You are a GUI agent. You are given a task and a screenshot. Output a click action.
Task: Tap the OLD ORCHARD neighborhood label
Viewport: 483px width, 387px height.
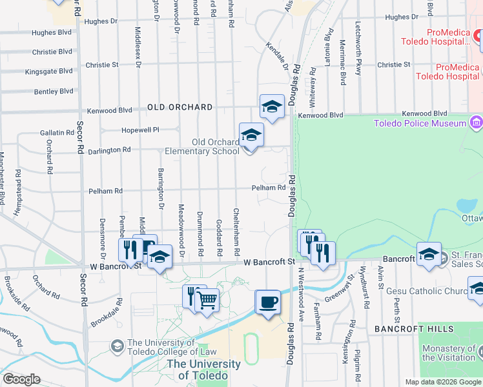[x=180, y=107]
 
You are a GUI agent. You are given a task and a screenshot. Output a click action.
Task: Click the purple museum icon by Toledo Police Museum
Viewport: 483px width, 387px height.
[x=476, y=123]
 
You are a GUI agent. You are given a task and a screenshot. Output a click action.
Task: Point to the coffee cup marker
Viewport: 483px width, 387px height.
[x=267, y=301]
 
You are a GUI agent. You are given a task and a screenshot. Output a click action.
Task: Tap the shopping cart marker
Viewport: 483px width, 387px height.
[x=207, y=299]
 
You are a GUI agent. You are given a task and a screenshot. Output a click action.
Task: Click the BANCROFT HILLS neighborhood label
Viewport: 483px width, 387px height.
[x=406, y=329]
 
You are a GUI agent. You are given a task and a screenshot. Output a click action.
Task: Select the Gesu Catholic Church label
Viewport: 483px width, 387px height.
[x=427, y=291]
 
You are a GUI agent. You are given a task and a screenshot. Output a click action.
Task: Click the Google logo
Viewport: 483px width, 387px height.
[x=21, y=379]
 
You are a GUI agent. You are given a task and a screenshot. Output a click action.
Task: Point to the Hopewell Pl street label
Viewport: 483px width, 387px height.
[x=140, y=130]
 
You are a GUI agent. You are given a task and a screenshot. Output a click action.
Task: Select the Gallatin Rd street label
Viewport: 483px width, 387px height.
[x=57, y=132]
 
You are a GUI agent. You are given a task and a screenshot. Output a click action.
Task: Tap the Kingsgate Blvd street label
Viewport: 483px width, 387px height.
[x=48, y=71]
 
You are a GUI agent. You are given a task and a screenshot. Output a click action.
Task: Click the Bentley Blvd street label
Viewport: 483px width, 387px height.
[x=54, y=91]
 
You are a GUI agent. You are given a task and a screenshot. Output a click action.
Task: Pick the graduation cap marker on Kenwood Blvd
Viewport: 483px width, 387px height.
[x=272, y=106]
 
